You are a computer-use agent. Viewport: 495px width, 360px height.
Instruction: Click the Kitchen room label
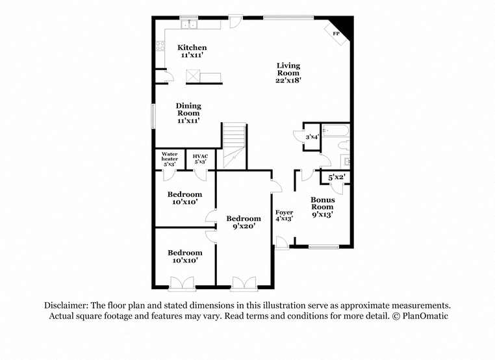click(x=192, y=51)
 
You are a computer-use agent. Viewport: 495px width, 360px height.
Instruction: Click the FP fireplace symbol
click(x=337, y=33)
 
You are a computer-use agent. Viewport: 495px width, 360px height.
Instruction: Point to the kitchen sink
click(x=189, y=24)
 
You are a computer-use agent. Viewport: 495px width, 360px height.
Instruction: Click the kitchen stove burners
click(x=160, y=46)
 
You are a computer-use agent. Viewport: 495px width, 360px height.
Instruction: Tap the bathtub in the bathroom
click(x=335, y=131)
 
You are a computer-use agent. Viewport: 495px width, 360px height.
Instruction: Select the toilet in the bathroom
click(x=344, y=146)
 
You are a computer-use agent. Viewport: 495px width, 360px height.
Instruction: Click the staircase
click(x=235, y=146)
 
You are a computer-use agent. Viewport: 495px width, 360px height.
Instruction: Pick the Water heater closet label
click(x=170, y=159)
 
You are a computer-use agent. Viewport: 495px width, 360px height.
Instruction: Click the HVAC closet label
click(x=200, y=159)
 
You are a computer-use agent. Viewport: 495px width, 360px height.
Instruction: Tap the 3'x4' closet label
click(x=312, y=137)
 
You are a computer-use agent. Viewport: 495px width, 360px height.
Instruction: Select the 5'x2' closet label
click(x=336, y=177)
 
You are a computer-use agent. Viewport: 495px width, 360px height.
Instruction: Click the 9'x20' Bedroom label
click(x=244, y=222)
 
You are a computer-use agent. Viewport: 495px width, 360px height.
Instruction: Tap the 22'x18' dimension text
click(x=288, y=80)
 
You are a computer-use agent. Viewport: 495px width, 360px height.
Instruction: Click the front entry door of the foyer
click(x=281, y=243)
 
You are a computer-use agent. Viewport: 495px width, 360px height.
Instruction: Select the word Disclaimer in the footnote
click(x=66, y=305)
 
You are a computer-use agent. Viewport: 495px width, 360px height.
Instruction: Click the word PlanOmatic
click(x=425, y=316)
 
